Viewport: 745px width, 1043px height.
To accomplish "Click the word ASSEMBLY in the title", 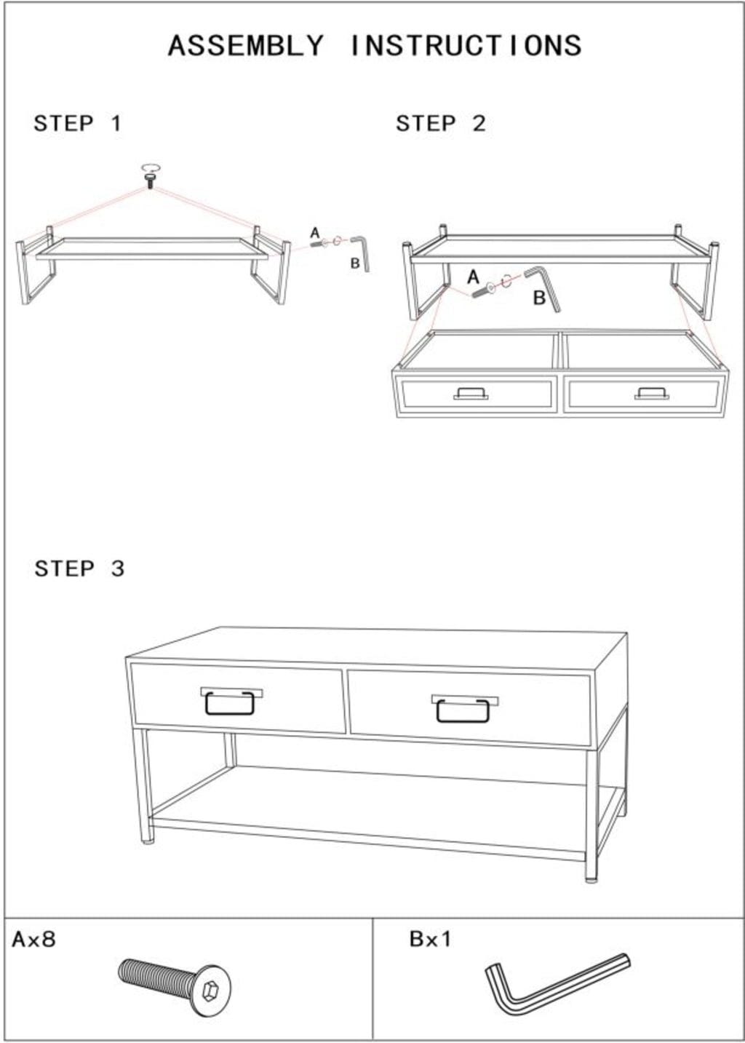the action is coord(245,46).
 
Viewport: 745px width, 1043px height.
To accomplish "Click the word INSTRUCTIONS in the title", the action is coord(466,46).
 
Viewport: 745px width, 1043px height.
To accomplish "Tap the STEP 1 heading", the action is coord(77,124).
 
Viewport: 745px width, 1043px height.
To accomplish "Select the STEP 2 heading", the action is coord(441,124).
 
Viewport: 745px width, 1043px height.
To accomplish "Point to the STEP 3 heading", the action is coord(79,568).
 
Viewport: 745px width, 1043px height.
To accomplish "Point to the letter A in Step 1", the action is coord(316,232).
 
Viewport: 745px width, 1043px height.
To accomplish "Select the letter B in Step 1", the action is coord(355,263).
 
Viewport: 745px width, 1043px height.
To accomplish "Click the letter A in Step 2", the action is coord(473,277).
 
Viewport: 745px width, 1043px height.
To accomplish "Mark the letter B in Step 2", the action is coord(539,298).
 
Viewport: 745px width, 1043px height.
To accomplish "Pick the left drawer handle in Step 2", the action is coord(471,394).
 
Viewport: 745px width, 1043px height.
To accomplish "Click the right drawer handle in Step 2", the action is coord(652,394).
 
